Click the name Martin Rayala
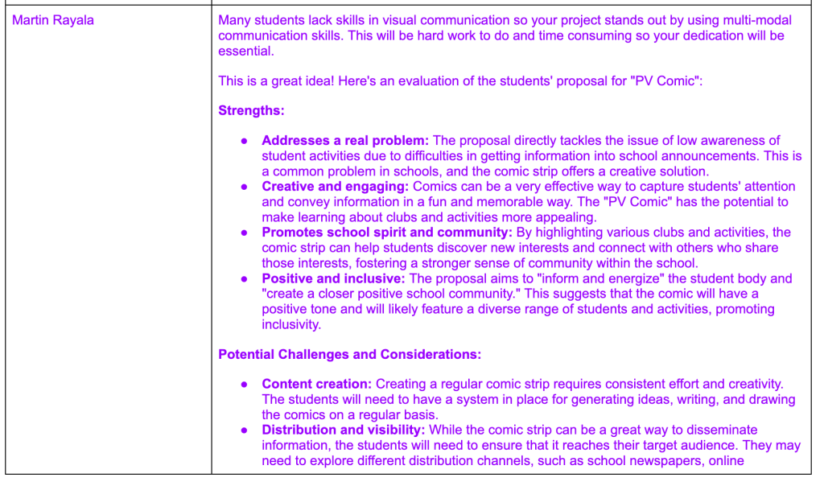[x=53, y=20]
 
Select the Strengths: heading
[x=251, y=110]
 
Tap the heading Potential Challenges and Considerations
[x=349, y=354]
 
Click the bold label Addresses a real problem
[x=345, y=141]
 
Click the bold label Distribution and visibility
[x=344, y=430]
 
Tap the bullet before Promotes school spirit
[x=245, y=233]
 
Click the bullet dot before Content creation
[x=245, y=385]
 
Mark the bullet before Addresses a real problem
[x=245, y=141]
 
